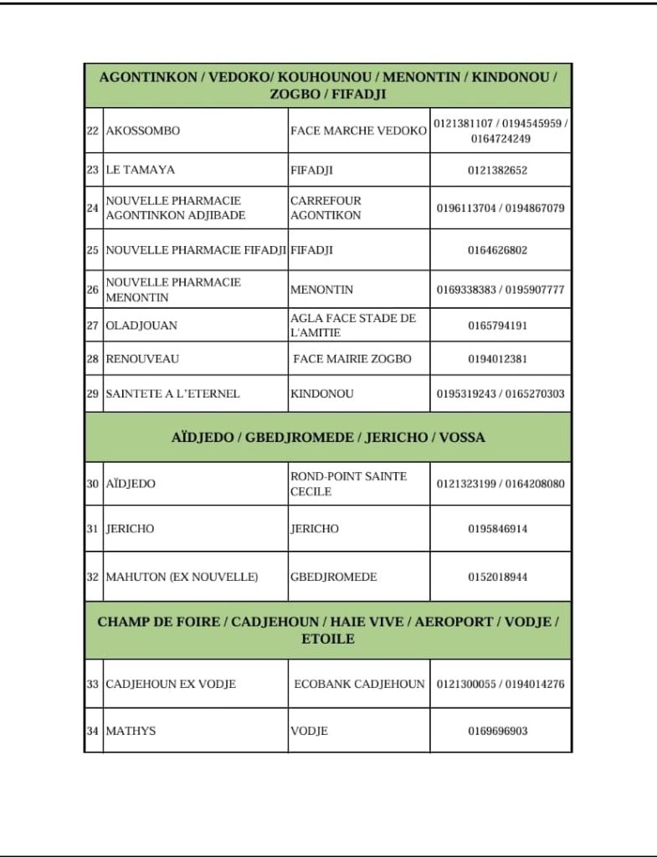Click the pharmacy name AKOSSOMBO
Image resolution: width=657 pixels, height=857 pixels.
point(142,131)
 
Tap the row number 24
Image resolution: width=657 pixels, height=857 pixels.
point(93,208)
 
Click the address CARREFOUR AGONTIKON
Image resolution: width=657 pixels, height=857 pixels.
point(326,208)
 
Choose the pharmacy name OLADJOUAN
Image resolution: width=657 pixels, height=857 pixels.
point(141,326)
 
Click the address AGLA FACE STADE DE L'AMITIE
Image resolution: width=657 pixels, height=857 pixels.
point(352,326)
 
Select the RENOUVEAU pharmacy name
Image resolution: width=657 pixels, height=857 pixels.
point(142,359)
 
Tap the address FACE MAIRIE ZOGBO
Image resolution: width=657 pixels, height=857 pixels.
point(352,359)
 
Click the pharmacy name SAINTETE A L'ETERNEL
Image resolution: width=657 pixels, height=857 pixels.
point(172,393)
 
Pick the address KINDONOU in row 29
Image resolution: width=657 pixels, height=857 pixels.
point(322,393)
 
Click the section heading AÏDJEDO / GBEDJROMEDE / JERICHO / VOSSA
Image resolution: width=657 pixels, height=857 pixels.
point(328,437)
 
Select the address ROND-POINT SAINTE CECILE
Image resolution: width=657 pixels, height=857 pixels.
point(348,484)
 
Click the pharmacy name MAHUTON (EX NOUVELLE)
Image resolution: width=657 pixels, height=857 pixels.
point(182,577)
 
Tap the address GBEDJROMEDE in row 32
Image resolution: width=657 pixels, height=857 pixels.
point(333,577)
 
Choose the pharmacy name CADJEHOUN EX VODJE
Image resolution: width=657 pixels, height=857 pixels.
point(171,684)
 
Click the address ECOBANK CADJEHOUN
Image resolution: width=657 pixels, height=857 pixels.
point(359,684)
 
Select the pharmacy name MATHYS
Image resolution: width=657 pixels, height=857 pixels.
point(131,731)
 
